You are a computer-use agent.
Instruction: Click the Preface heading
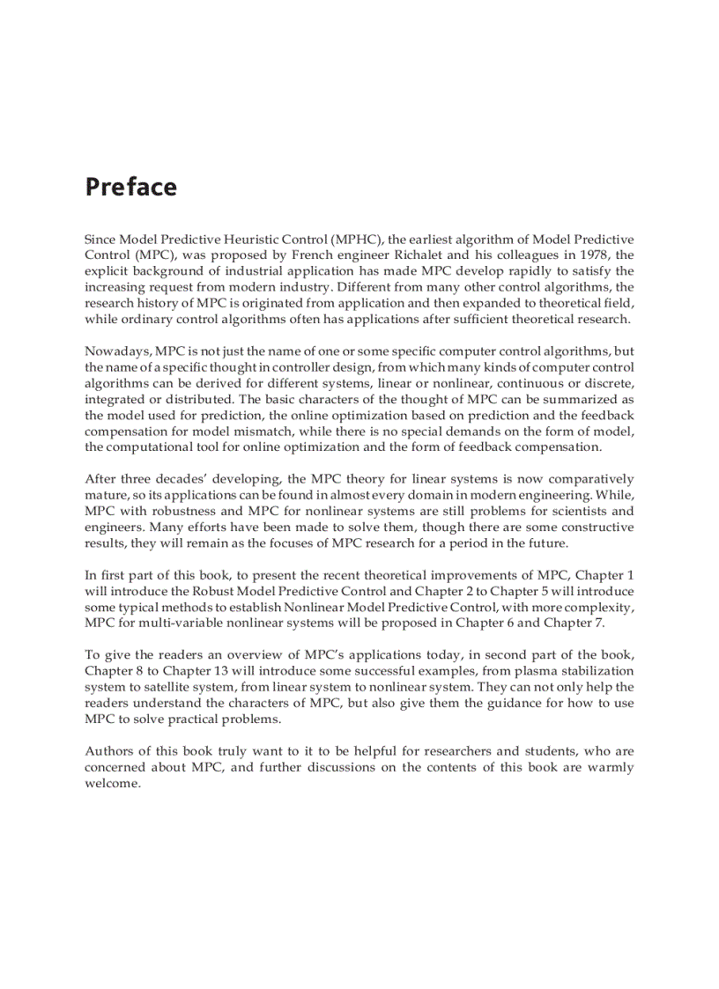[130, 188]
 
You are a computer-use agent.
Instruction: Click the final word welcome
[111, 784]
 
